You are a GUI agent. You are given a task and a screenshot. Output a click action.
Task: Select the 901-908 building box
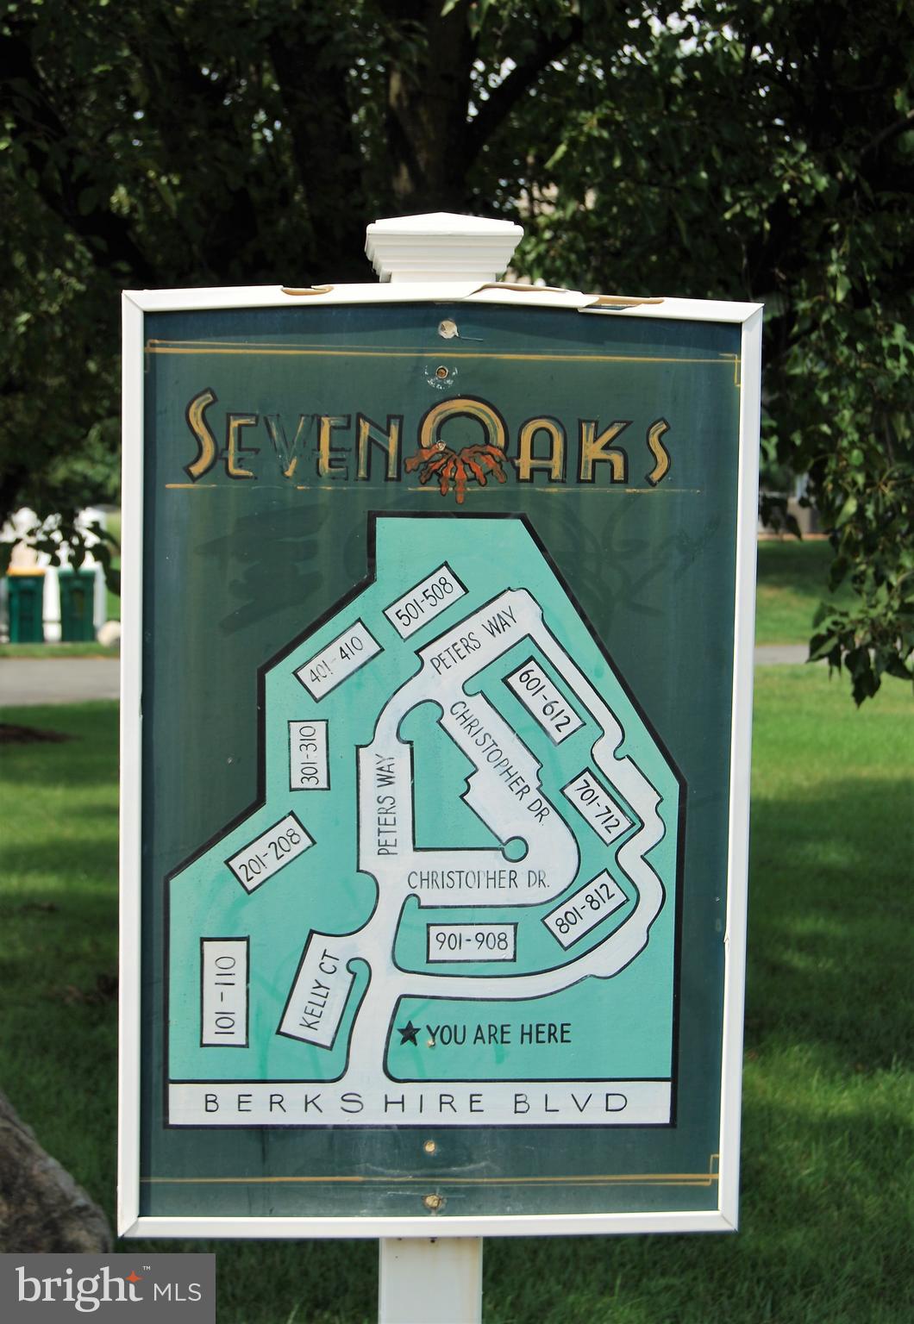pos(472,942)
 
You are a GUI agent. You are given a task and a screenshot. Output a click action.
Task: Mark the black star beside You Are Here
pos(411,1033)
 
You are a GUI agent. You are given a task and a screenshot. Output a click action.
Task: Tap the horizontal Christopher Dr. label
pos(478,880)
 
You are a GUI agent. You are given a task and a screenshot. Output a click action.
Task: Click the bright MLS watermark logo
pos(107,1290)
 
